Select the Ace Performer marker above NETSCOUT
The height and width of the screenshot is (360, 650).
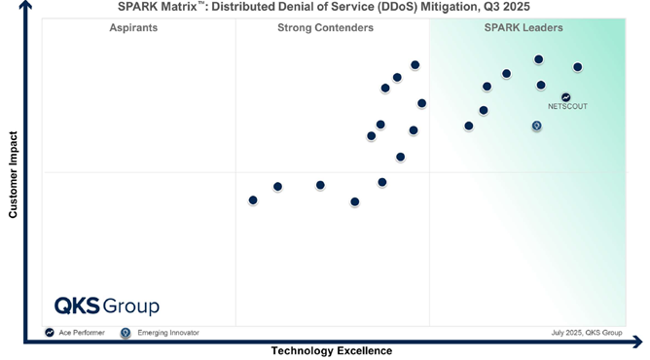point(566,96)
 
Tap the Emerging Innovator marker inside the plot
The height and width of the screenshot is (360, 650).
point(536,126)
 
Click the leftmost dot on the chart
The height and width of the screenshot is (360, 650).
point(253,200)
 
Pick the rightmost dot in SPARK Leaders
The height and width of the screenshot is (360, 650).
point(577,67)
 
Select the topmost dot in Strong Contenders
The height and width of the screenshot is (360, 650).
point(415,65)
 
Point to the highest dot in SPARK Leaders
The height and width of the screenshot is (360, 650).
point(538,59)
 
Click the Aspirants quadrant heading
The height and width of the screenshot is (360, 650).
point(133,28)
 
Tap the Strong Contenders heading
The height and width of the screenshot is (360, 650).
point(325,28)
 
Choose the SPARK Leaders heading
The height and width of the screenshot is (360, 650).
point(524,28)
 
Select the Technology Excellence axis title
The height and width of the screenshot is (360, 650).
point(331,351)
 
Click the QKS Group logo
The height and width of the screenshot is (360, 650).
point(106,306)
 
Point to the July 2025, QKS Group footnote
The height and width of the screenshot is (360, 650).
point(586,333)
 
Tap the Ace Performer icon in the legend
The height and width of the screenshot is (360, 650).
point(49,333)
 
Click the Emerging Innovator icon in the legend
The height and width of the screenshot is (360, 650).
point(125,333)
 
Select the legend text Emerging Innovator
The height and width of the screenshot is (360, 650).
point(167,333)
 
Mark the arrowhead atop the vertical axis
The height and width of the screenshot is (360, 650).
point(24,6)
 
